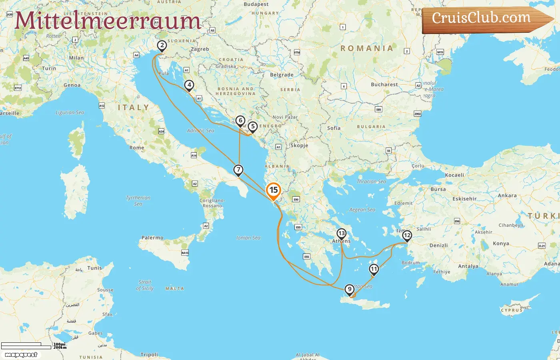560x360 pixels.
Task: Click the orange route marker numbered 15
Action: click(274, 190)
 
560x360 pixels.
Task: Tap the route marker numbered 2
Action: click(162, 46)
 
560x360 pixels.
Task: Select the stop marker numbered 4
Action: click(189, 85)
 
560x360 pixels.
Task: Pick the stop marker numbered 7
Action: click(238, 170)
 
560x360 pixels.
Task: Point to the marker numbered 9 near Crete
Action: click(350, 289)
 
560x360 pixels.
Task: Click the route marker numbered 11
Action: click(374, 269)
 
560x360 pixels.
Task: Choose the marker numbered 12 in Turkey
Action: click(407, 235)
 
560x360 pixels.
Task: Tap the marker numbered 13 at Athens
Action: click(341, 234)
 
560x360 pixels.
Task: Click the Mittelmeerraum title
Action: click(107, 21)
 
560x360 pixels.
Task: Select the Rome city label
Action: click(136, 148)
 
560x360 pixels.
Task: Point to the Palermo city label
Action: click(152, 238)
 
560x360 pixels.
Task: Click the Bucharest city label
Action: click(384, 84)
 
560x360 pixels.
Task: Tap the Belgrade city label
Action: click(282, 75)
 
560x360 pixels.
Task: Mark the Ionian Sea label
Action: click(248, 238)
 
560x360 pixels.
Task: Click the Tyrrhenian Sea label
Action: click(138, 201)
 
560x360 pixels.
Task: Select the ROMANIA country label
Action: click(366, 48)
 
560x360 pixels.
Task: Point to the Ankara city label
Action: click(507, 196)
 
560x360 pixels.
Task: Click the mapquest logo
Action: click(21, 355)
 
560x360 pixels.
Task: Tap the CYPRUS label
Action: click(512, 310)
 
